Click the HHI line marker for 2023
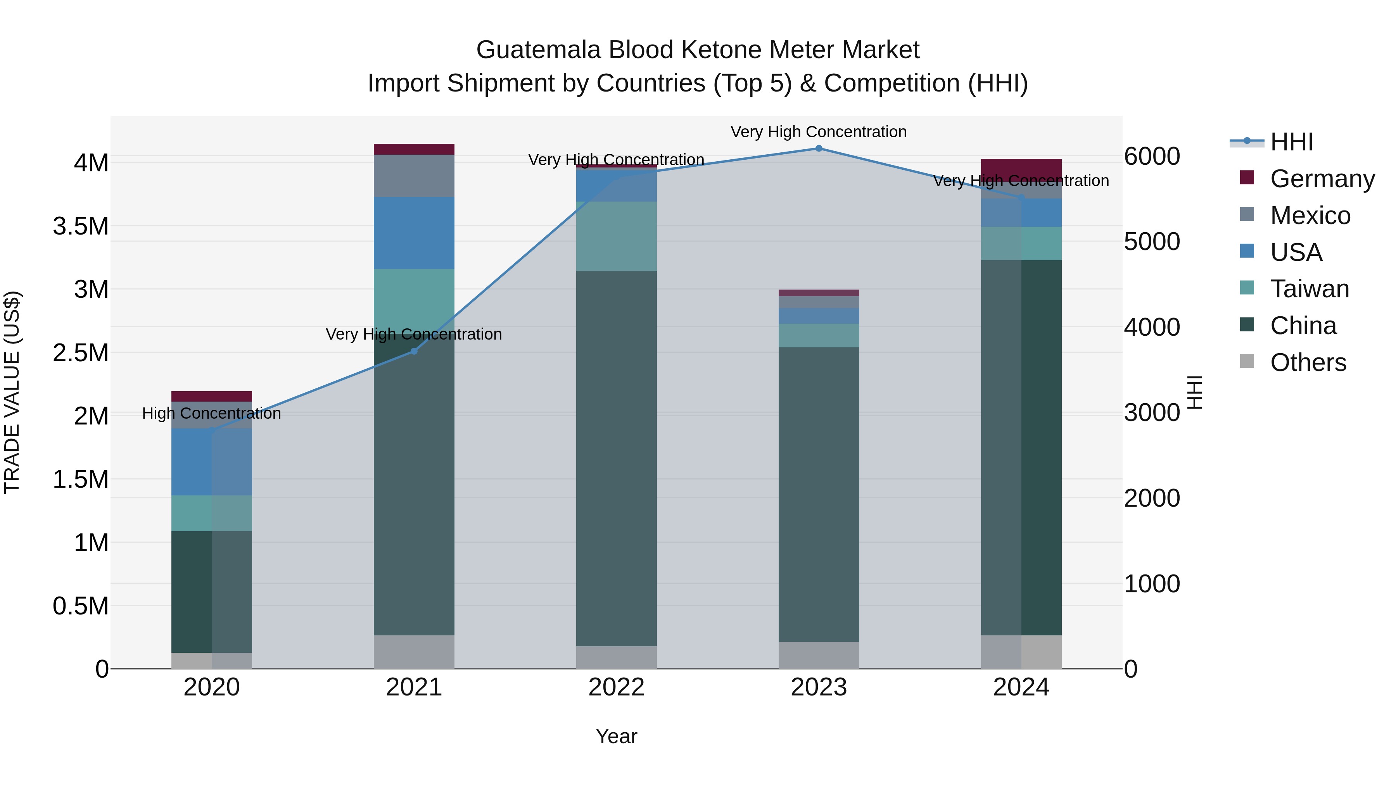[x=819, y=148]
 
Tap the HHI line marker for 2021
[x=414, y=351]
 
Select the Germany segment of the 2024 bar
[x=1021, y=169]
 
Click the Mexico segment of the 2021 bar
[x=414, y=176]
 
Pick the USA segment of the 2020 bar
[x=211, y=462]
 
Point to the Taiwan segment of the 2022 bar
[x=616, y=236]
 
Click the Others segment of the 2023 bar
[x=819, y=655]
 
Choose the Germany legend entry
[x=1322, y=179]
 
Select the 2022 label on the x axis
[x=616, y=687]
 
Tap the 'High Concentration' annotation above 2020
[x=211, y=413]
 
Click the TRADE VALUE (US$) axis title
[x=12, y=392]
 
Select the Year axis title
[x=616, y=736]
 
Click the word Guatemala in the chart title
[x=538, y=50]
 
